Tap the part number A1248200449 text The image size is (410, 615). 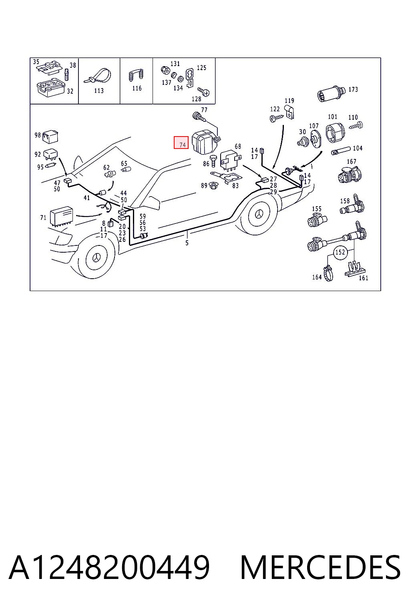point(109,567)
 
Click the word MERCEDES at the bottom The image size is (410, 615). point(320,567)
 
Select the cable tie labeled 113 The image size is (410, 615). point(97,76)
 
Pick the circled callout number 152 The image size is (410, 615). point(340,251)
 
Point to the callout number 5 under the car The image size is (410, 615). point(187,243)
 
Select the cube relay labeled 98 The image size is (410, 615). point(50,137)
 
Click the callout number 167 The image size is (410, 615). point(352,161)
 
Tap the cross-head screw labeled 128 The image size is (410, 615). point(203,92)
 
